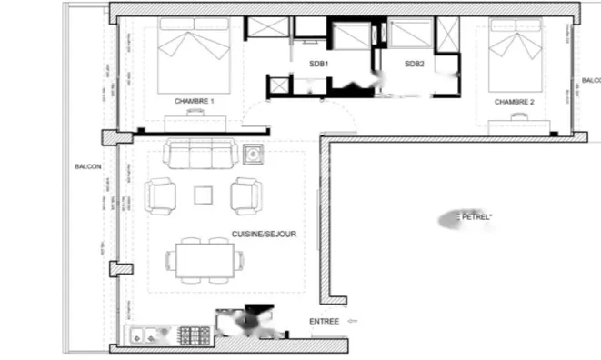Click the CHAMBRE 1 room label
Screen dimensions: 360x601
(x=194, y=101)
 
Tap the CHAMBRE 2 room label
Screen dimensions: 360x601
(x=514, y=103)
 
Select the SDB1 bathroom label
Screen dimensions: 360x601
(x=318, y=64)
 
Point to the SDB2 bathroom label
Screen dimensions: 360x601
(x=415, y=64)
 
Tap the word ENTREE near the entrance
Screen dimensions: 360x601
(x=324, y=321)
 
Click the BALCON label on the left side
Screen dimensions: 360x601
(x=89, y=166)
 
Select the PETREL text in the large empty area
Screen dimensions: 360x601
(x=476, y=217)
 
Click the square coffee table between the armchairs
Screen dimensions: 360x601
(x=204, y=195)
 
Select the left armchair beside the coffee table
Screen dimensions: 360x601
(x=161, y=195)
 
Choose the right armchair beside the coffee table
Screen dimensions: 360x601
(x=246, y=195)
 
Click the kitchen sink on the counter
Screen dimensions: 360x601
(x=146, y=335)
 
